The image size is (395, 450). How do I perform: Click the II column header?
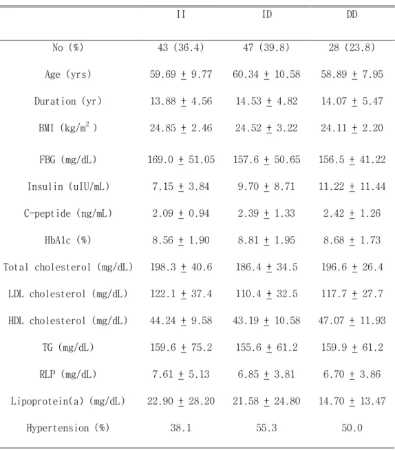[x=181, y=14]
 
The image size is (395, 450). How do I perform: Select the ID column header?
[x=267, y=14]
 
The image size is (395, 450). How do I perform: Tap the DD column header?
[x=352, y=14]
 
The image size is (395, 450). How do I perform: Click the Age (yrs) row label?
[x=68, y=74]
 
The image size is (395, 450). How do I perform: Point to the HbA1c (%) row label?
[x=68, y=240]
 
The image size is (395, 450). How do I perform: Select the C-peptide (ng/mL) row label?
[x=68, y=213]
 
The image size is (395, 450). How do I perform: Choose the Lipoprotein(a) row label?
[x=68, y=401]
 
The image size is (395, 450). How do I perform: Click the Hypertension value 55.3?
[x=266, y=428]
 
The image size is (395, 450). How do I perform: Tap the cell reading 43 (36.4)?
[x=181, y=47]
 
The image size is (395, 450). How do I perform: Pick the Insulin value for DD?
[x=352, y=186]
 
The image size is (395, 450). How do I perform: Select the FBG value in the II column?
[x=181, y=160]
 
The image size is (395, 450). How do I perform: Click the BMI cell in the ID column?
[x=266, y=128]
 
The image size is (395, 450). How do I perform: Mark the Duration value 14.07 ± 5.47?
[x=352, y=101]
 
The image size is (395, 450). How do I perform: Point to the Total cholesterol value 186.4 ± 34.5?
[x=267, y=267]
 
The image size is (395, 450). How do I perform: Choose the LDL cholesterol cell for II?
[x=181, y=294]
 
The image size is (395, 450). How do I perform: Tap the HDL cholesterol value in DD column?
[x=352, y=321]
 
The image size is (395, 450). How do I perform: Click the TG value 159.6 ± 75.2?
[x=181, y=347]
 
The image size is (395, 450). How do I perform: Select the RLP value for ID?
[x=266, y=374]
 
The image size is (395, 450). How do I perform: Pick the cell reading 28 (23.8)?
[x=352, y=47]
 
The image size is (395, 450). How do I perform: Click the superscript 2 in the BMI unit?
[x=87, y=124]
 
